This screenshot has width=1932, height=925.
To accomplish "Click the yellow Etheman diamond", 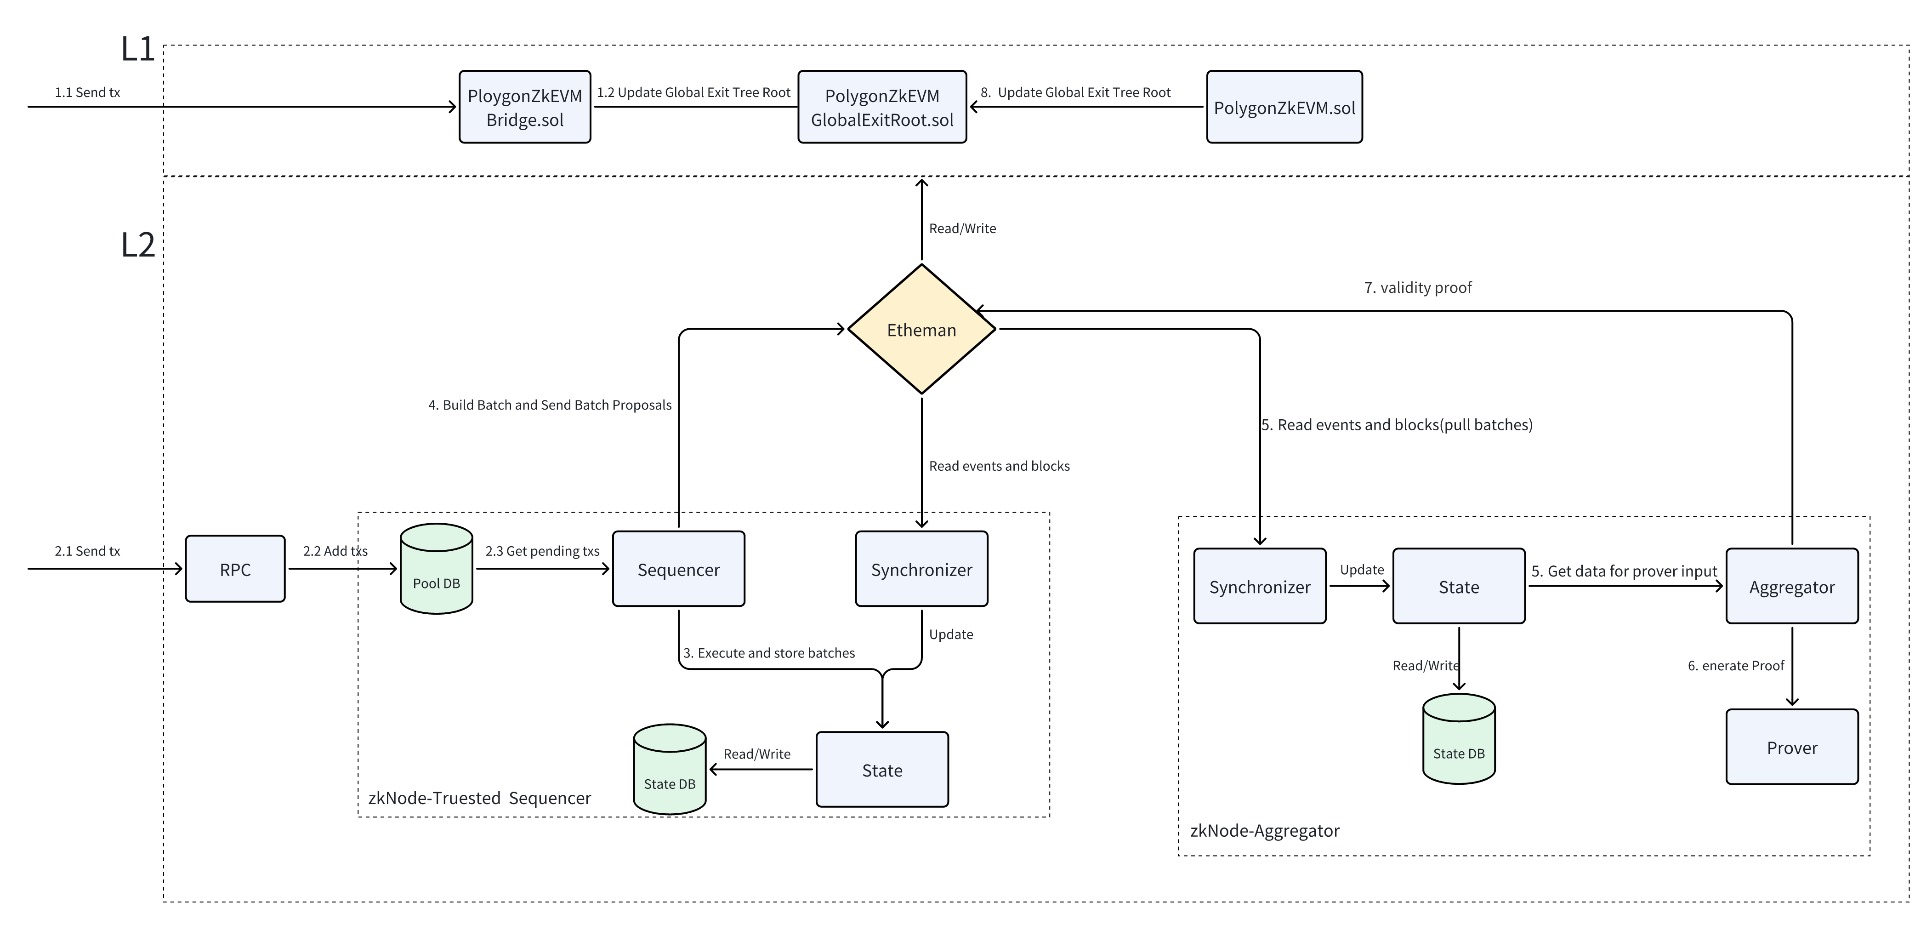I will point(921,329).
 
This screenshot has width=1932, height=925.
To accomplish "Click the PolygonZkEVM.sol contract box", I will point(1284,107).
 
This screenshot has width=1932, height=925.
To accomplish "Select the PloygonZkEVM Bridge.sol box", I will point(524,107).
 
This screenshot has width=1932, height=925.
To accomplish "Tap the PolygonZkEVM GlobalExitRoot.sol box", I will point(881,107).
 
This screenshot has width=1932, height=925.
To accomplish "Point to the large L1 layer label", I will point(137,50).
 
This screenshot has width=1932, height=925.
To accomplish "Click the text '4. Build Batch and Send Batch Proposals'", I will point(549,405).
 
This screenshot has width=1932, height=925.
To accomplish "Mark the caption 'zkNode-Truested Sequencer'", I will point(479,798).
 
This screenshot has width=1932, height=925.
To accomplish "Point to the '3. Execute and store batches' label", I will point(769,653).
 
